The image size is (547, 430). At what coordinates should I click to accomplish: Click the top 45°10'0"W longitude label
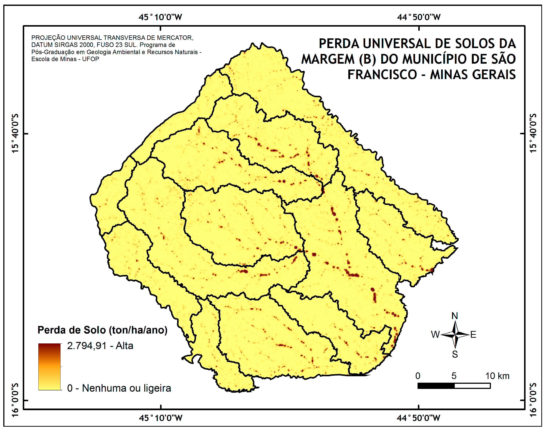click(160, 17)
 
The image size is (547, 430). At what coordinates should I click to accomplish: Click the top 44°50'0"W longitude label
click(419, 17)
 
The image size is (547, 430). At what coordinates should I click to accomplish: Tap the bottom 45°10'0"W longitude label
click(160, 418)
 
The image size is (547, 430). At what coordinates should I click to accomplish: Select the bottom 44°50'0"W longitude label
click(418, 418)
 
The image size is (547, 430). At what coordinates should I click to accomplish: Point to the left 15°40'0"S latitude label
click(15, 133)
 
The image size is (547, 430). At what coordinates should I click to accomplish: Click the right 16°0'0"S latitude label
click(533, 400)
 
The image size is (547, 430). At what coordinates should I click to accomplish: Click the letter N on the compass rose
click(455, 316)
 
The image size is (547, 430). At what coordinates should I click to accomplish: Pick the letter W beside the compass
click(435, 335)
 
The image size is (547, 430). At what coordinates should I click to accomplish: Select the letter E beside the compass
click(473, 335)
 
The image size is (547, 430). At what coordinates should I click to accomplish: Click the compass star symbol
click(455, 335)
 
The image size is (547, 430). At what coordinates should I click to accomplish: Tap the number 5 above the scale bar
click(454, 376)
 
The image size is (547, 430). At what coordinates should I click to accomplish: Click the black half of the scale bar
click(436, 386)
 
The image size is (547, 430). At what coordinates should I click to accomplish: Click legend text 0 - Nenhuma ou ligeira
click(119, 388)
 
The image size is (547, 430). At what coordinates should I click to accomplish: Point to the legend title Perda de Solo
click(102, 330)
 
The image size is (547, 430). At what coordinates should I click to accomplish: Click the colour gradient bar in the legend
click(49, 367)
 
